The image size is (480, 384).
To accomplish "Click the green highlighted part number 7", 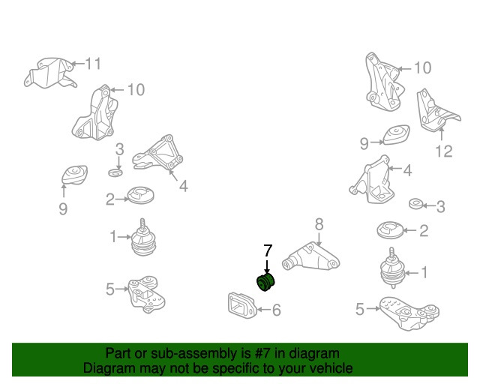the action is [x=265, y=282].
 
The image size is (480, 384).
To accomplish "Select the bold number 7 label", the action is [x=268, y=251].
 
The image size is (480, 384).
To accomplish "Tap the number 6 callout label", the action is [x=277, y=310].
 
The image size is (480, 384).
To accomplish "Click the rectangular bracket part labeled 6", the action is [x=241, y=305].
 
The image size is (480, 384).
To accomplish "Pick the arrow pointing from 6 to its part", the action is [x=263, y=310].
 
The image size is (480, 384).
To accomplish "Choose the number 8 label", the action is [x=319, y=224].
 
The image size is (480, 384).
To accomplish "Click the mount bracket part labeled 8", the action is [x=310, y=256].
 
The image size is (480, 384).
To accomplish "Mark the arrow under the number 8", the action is [x=319, y=238].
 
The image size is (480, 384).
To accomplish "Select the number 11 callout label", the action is [x=93, y=64].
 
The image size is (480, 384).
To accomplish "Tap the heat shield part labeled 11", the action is [x=49, y=73].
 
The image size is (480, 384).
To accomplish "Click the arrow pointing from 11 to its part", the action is [x=77, y=64].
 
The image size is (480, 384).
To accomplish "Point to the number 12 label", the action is [x=443, y=151].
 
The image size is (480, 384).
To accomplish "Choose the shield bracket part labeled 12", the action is [x=436, y=112].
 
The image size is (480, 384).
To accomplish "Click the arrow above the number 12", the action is [x=442, y=135].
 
